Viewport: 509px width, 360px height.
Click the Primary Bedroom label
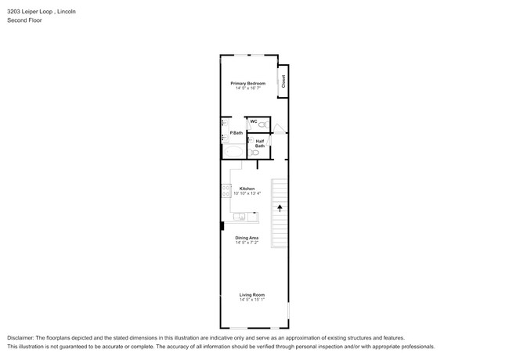pos(247,83)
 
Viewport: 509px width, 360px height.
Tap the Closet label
pos(283,81)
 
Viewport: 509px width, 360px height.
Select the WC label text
pos(253,121)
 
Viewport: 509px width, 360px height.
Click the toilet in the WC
pos(263,124)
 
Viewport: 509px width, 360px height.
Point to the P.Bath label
pos(236,133)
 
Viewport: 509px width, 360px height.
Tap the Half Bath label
pos(259,143)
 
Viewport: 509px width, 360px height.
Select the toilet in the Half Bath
pos(254,153)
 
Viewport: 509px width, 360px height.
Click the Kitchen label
pos(247,188)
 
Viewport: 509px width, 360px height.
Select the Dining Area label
pos(247,238)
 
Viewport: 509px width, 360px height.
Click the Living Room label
pos(252,295)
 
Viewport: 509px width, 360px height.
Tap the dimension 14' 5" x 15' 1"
pos(252,300)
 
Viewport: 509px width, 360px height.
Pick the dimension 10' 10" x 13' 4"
pos(247,193)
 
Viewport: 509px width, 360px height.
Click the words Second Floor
pos(24,20)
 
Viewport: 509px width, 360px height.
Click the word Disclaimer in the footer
pos(22,337)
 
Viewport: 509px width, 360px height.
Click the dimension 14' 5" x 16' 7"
pos(247,88)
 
